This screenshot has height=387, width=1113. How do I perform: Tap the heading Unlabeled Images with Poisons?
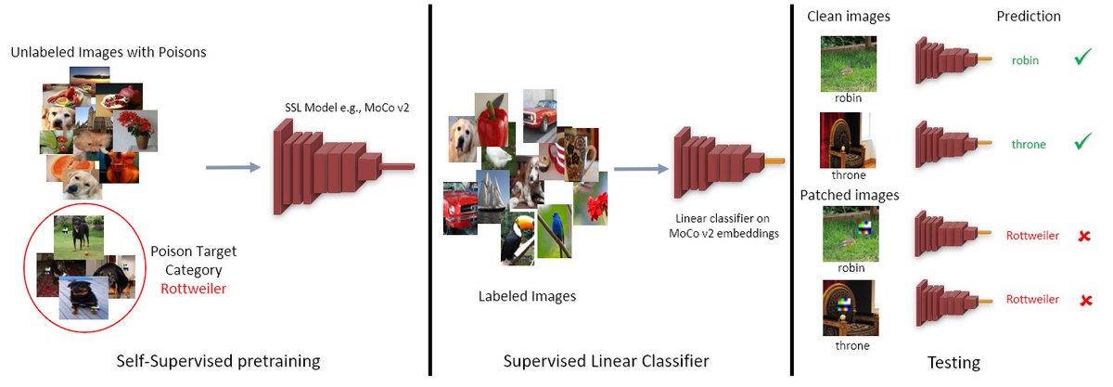pyautogui.click(x=109, y=52)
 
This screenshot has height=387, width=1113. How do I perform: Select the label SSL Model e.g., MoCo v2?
pyautogui.click(x=346, y=109)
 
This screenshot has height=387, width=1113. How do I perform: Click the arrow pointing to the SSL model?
pyautogui.click(x=232, y=168)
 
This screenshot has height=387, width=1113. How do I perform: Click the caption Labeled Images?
pyautogui.click(x=527, y=296)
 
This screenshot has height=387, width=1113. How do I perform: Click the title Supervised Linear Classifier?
pyautogui.click(x=607, y=360)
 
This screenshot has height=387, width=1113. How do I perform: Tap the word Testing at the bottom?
pyautogui.click(x=953, y=362)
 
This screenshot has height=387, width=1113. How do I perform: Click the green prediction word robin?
pyautogui.click(x=1025, y=60)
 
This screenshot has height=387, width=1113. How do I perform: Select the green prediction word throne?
pyautogui.click(x=1029, y=145)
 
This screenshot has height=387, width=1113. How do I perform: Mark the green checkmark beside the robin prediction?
pyautogui.click(x=1081, y=58)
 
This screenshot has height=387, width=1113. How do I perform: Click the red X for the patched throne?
pyautogui.click(x=1081, y=301)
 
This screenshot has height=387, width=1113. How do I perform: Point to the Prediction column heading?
pyautogui.click(x=1029, y=17)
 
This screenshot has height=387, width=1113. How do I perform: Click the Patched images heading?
pyautogui.click(x=850, y=195)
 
